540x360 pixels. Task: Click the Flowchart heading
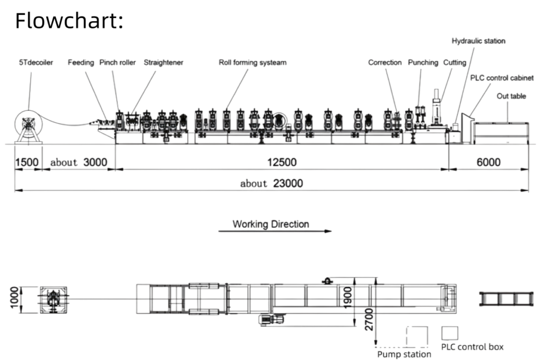tap(69, 21)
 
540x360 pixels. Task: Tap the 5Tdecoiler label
tap(36, 63)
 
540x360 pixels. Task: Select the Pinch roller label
tap(118, 63)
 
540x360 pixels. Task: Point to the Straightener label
tap(163, 63)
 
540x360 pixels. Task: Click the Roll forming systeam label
tap(253, 63)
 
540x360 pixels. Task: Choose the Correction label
tap(384, 63)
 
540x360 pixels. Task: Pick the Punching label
tap(423, 63)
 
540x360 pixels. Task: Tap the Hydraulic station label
tap(478, 41)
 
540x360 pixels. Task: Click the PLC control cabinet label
tap(502, 78)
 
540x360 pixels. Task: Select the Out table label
tap(511, 96)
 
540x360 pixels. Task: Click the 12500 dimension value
tap(282, 162)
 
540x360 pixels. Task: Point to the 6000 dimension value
tap(488, 162)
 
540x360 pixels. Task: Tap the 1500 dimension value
tap(27, 162)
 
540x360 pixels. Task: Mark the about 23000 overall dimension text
tap(272, 183)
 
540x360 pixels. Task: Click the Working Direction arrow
tap(275, 231)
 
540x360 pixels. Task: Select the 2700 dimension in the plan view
tap(369, 319)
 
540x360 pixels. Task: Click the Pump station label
tap(404, 354)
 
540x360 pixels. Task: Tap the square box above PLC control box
tap(450, 333)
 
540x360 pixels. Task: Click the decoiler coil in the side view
tap(28, 124)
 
